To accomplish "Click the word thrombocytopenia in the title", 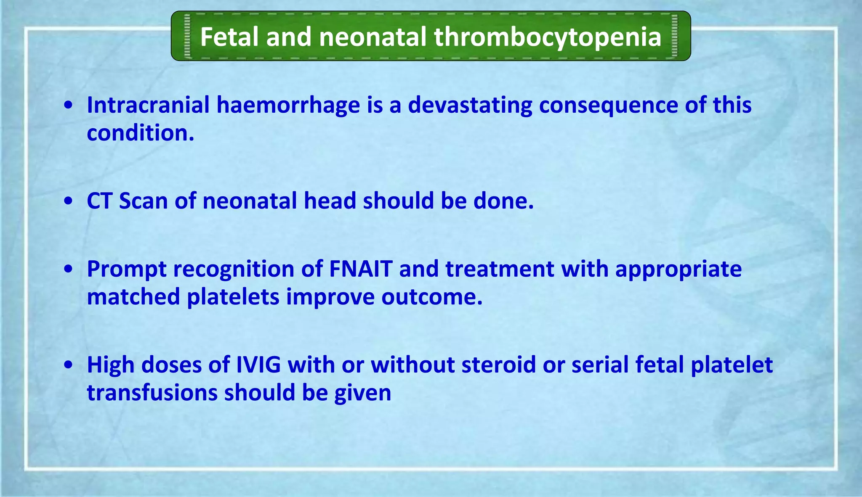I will coord(548,37).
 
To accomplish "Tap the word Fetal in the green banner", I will coord(229,37).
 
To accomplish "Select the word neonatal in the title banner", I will coord(372,37).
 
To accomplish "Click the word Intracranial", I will coord(148,105).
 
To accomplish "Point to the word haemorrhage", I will coord(288,105).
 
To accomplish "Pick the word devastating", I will coord(470,105).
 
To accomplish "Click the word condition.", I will coord(140,133).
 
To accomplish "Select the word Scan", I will coord(143,201).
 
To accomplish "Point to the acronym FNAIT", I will coord(361,269).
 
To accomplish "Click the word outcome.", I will coord(432,297).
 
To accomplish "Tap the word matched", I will coord(133,297).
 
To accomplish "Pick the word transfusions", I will coord(152,393).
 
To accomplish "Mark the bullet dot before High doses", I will coord(69,365).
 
